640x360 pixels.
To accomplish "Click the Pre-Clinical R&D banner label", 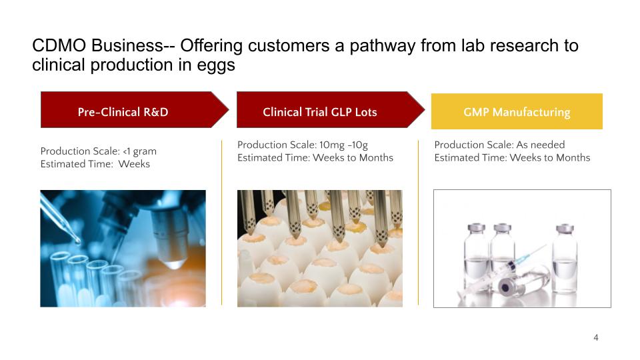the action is click(x=123, y=112).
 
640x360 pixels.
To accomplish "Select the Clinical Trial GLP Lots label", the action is click(x=319, y=112).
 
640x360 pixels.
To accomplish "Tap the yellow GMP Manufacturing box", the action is click(x=517, y=111).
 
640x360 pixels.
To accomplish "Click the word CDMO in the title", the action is click(x=59, y=45).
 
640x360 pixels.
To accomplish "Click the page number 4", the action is click(x=596, y=337).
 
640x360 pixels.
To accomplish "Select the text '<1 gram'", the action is click(x=139, y=151).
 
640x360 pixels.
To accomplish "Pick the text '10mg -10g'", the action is click(x=344, y=145).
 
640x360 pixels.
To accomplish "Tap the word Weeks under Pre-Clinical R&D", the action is click(x=134, y=164).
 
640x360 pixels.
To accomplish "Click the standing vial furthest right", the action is click(x=565, y=258).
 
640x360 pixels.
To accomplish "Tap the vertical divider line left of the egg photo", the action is click(x=221, y=223).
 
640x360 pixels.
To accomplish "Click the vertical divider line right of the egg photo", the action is click(x=419, y=223).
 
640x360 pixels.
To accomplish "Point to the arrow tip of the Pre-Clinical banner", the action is click(x=229, y=110).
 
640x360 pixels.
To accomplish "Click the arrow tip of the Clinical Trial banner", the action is click(x=425, y=110).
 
